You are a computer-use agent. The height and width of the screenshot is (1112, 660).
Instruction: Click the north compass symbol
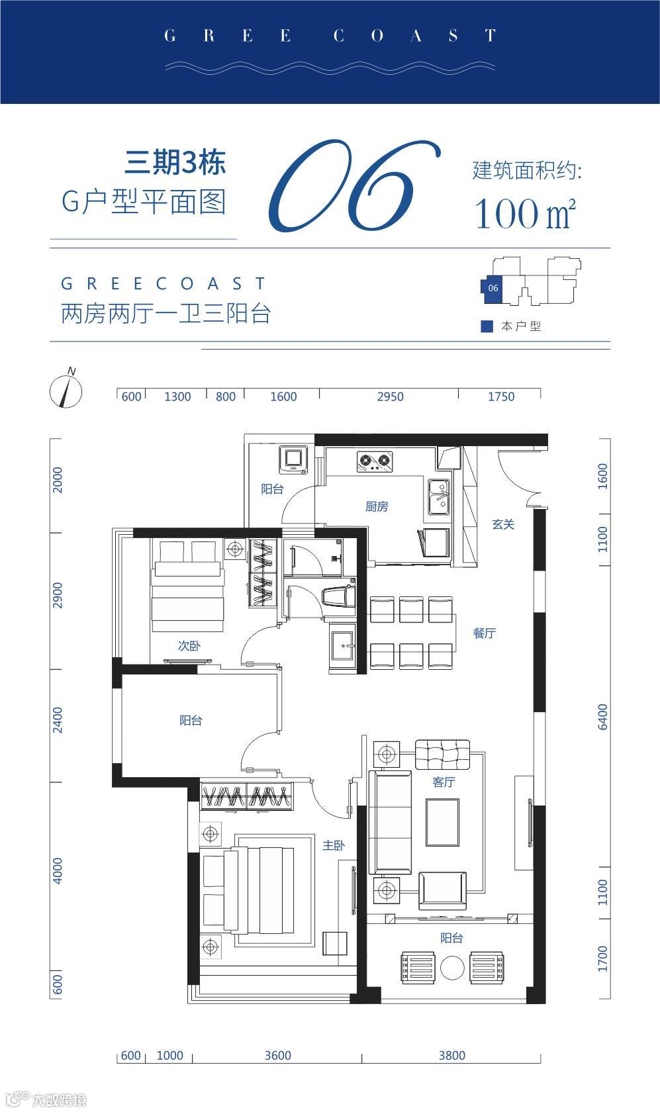(66, 390)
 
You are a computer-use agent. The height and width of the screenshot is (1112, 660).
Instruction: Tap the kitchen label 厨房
(377, 506)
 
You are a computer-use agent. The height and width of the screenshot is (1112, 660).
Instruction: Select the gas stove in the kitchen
(375, 461)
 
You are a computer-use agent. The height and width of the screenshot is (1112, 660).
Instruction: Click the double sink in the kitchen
(439, 497)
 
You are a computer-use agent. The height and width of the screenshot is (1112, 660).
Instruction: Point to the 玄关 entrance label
(503, 524)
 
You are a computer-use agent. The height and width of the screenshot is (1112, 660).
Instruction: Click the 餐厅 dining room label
(484, 633)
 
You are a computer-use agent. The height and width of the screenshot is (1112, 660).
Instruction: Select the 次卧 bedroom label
(189, 646)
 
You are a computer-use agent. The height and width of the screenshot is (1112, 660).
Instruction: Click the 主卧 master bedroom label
(333, 845)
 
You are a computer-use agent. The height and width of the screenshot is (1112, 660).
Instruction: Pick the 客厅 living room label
(444, 782)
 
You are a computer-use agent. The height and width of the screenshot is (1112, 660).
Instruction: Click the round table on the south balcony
(452, 967)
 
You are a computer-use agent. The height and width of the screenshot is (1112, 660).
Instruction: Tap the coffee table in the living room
(442, 822)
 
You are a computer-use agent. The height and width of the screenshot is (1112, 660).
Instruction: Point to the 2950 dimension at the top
(391, 396)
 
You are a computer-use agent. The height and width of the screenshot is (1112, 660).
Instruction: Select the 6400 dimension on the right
(602, 717)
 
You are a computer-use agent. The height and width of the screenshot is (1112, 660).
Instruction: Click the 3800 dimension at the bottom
(452, 1055)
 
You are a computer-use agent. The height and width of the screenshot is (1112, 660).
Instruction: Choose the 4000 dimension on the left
(58, 871)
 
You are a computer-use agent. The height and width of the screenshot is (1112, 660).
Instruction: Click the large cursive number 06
(354, 186)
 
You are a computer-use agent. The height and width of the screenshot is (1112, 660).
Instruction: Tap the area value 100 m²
(526, 213)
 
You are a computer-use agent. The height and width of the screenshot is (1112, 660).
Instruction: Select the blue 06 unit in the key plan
(492, 289)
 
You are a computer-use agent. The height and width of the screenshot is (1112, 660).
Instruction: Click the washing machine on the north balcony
(293, 460)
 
